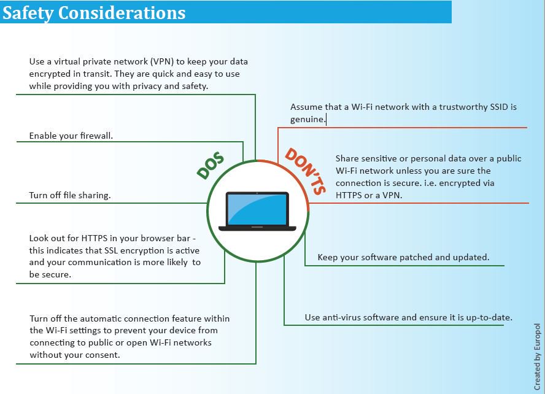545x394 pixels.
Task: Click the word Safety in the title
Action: coord(27,12)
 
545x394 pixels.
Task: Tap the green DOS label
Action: coord(211,165)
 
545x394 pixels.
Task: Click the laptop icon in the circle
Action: coord(257,211)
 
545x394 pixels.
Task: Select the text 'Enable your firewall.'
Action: coord(71,136)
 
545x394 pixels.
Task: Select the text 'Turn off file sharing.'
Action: coord(69,195)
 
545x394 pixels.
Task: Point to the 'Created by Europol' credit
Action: coord(537,357)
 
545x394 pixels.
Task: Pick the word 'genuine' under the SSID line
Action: coord(307,119)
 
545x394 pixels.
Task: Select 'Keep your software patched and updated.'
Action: coord(403,257)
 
